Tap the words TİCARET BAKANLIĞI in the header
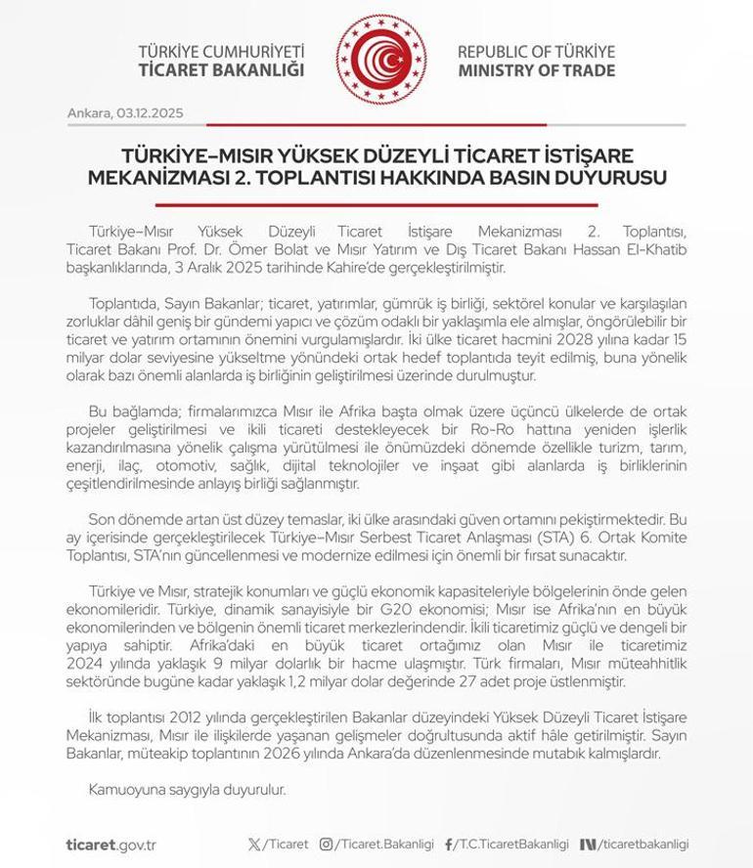221,70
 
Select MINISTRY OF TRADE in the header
536,70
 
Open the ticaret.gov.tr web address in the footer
112,844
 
